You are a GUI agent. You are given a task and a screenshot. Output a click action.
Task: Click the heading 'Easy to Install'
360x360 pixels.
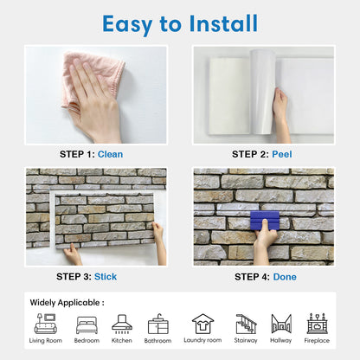click(x=180, y=22)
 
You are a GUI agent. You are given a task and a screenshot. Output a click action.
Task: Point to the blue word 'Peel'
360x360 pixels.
click(x=283, y=153)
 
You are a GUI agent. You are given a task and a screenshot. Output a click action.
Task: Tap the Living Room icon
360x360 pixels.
click(x=46, y=324)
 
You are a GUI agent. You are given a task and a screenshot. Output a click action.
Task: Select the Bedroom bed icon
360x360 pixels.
click(x=87, y=324)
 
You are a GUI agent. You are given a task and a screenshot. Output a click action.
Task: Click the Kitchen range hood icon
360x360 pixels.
click(x=122, y=324)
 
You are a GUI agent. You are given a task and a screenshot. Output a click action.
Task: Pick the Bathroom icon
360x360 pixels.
click(x=158, y=324)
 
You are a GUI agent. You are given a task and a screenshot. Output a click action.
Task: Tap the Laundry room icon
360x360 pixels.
click(x=202, y=324)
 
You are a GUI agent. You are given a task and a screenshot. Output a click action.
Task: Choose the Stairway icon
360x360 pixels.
click(x=247, y=324)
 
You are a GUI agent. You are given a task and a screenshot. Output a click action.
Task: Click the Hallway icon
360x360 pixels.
click(x=281, y=324)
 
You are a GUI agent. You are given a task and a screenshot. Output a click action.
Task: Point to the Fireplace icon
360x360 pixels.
click(x=317, y=324)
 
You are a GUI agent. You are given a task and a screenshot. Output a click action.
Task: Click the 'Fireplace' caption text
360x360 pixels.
click(x=317, y=341)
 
